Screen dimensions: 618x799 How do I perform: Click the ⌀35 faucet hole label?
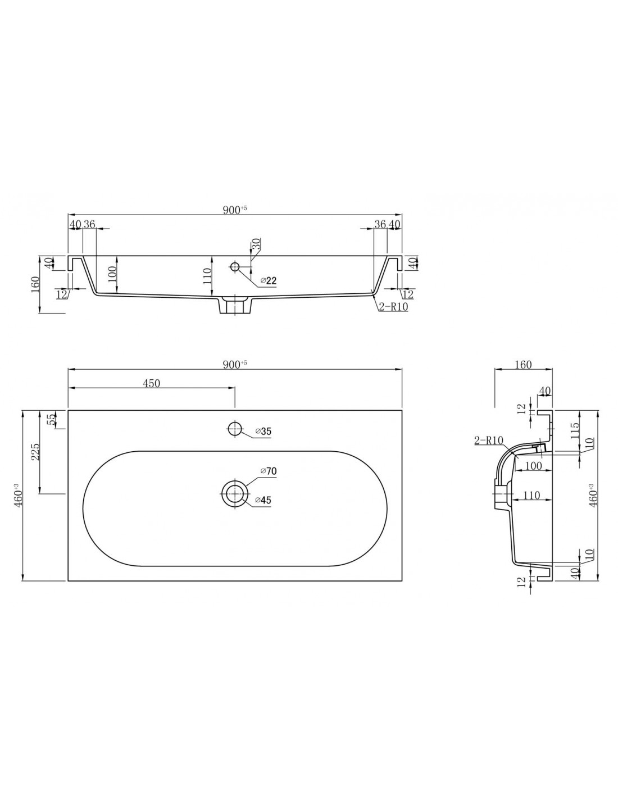[263, 431]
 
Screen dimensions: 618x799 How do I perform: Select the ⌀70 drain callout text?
[269, 471]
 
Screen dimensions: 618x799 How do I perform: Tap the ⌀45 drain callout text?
[263, 500]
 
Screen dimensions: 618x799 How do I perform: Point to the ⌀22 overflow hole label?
[269, 281]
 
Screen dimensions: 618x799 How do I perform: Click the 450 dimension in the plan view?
[152, 383]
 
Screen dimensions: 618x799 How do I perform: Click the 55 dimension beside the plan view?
[53, 420]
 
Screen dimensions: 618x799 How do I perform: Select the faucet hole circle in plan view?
[234, 429]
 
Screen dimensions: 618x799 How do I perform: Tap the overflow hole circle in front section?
[234, 266]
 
